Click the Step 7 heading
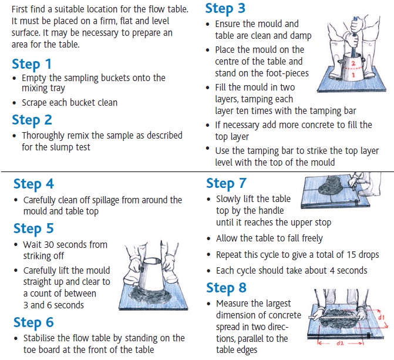[x=226, y=184]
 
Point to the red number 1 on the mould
[x=353, y=75]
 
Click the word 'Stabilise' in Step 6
[x=42, y=338]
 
